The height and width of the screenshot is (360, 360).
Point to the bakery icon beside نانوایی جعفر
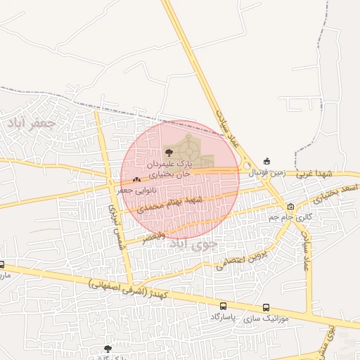136,180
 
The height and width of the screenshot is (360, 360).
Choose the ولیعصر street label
154,238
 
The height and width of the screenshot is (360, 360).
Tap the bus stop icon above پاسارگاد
224,306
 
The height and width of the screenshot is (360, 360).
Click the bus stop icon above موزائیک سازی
266,307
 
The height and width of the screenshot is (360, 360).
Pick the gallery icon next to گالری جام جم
291,206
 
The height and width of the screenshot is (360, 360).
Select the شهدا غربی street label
314,173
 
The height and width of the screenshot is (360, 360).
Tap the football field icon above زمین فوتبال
266,160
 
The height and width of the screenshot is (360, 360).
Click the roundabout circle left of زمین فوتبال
247,166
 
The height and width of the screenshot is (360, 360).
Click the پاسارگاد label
224,318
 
